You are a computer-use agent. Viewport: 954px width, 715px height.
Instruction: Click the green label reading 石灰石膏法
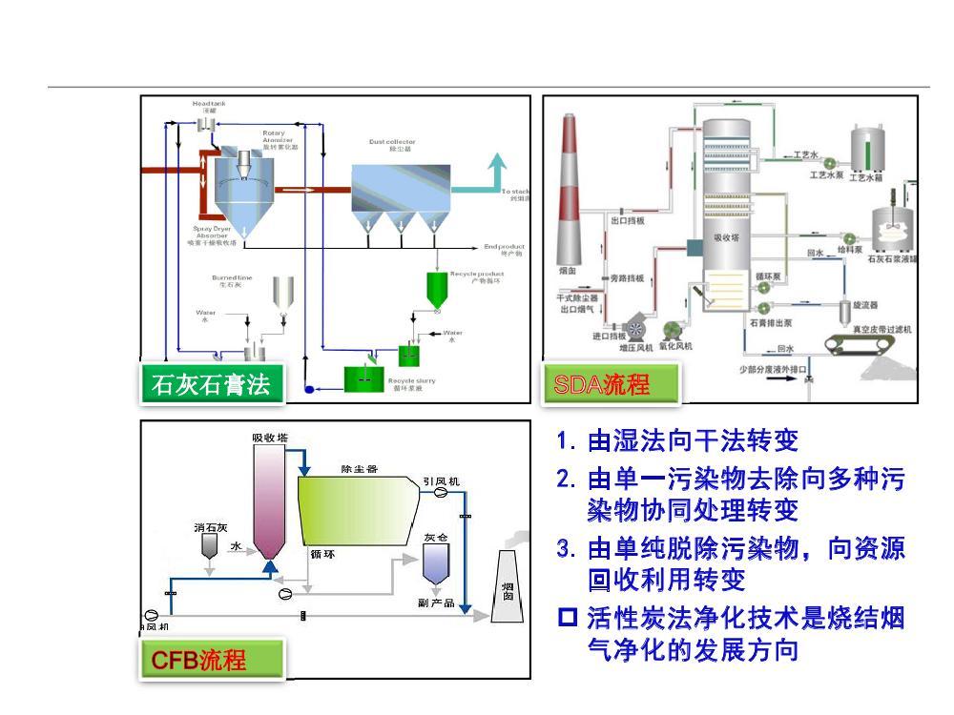coord(210,384)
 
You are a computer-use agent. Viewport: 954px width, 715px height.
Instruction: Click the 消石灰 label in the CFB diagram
coord(209,527)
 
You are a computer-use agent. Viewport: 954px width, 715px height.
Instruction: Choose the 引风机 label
coord(440,481)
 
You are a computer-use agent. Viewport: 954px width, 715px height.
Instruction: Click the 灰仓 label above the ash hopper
coord(436,537)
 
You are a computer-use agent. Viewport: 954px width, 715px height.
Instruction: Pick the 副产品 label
coord(435,603)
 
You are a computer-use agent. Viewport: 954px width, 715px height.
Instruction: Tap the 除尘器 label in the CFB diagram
coord(360,469)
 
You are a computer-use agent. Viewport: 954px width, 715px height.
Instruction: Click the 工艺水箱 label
coord(867,176)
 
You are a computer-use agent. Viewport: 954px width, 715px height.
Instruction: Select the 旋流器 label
coord(864,305)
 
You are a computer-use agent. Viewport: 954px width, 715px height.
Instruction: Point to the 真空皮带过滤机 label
coord(882,329)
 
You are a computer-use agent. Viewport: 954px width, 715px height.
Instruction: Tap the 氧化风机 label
coord(675,346)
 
